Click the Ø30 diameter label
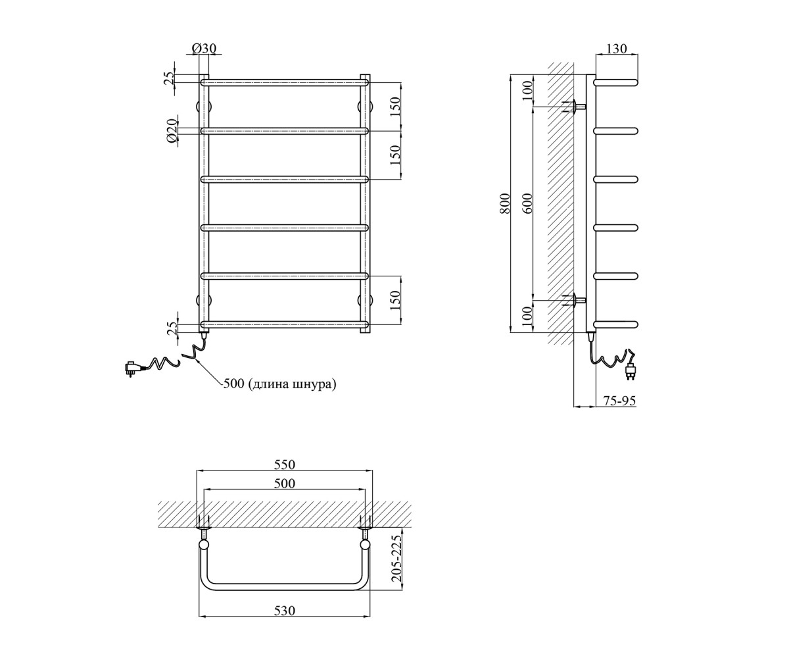(204, 49)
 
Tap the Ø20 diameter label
(171, 130)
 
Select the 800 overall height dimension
(505, 203)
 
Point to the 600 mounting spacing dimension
(528, 203)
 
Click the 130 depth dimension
(617, 49)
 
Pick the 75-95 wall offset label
(619, 401)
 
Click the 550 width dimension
(284, 465)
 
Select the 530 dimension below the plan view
(284, 611)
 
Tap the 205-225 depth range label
(396, 561)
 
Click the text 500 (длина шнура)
(279, 384)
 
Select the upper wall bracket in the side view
(575, 107)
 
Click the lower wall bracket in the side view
(575, 301)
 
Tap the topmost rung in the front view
(285, 82)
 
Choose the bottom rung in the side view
(616, 324)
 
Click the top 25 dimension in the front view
(171, 78)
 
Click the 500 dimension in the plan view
(284, 484)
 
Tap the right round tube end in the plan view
(365, 545)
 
